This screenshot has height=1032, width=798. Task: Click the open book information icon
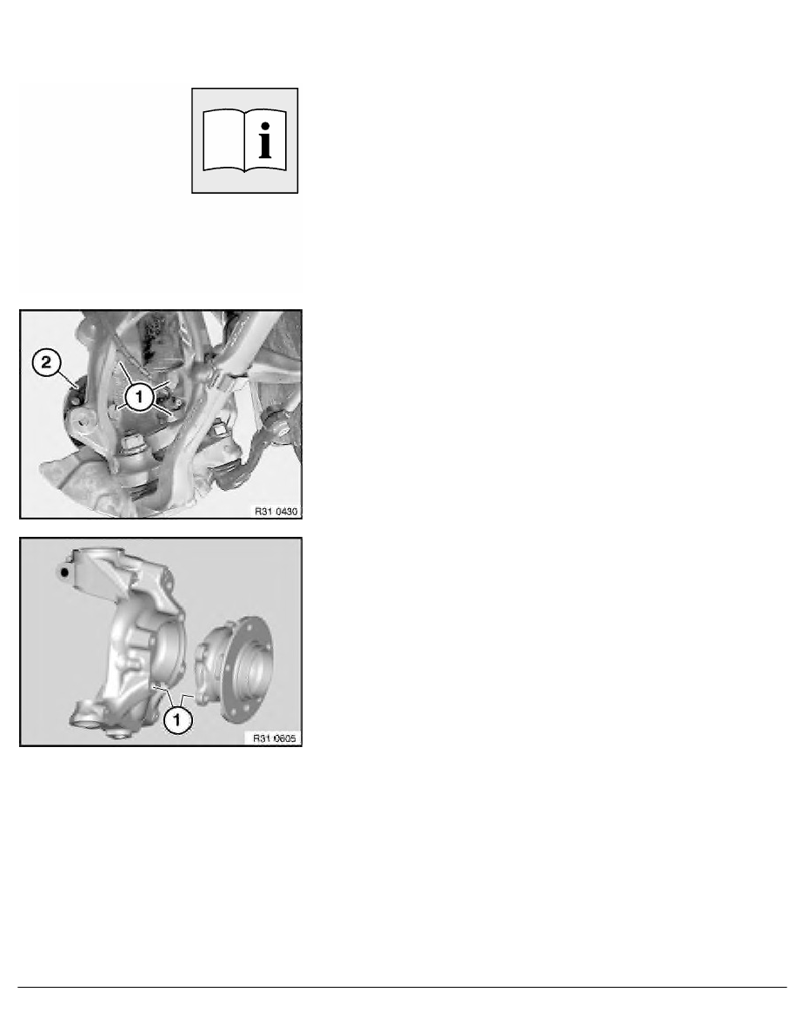tap(245, 141)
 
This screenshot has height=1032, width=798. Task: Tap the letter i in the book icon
tap(265, 141)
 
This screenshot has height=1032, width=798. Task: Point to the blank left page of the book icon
tap(224, 141)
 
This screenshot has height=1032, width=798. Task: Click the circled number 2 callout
tap(47, 362)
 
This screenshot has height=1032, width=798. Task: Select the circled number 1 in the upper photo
tap(139, 397)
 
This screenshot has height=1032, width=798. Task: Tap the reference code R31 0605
tap(276, 738)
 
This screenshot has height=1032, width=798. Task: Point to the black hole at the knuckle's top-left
tap(63, 572)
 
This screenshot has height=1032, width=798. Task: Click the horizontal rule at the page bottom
tap(402, 987)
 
